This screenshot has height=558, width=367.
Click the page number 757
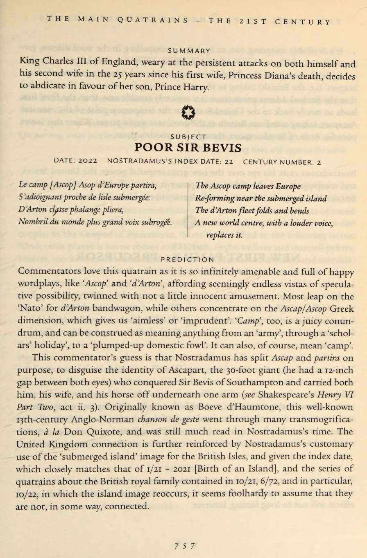[183, 545]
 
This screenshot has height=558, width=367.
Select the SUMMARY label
[189, 51]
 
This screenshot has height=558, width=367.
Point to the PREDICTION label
[188, 259]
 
